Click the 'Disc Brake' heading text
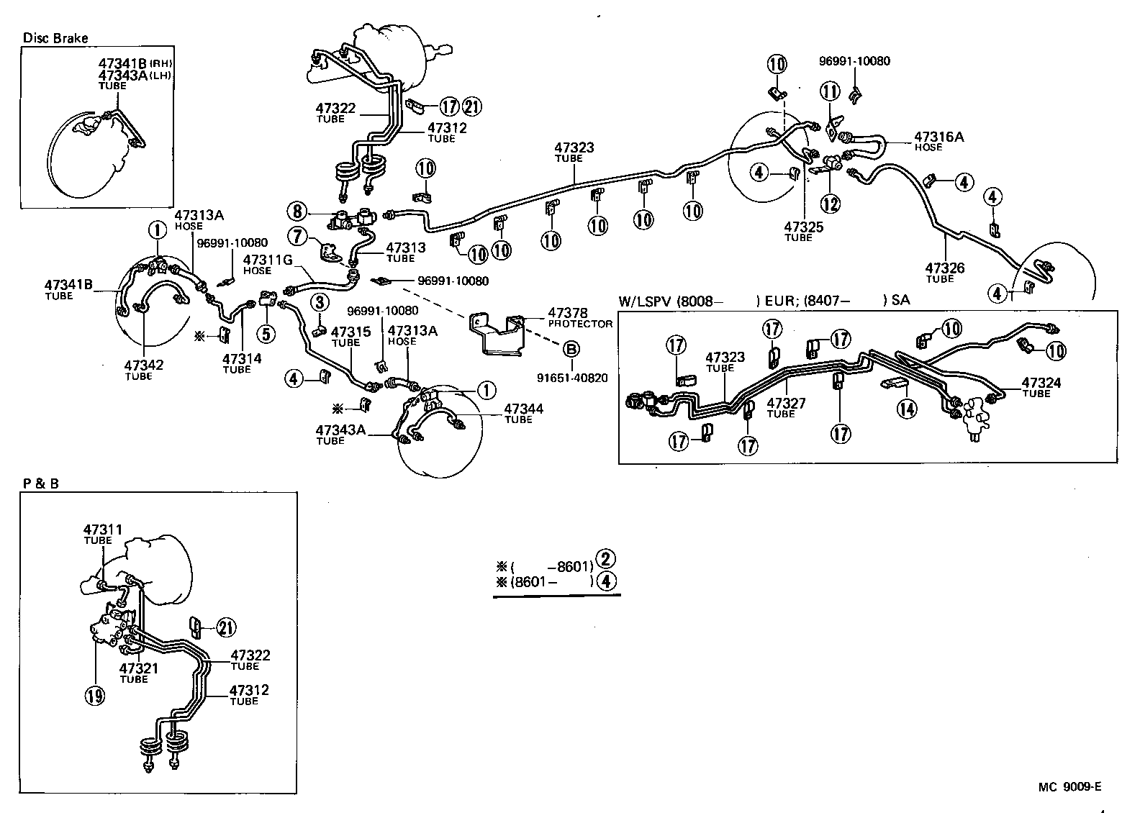(55, 38)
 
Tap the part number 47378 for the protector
(568, 313)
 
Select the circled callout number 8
(296, 212)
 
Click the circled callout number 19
(95, 696)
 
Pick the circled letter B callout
(571, 350)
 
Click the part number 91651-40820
(572, 378)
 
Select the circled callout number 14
(907, 409)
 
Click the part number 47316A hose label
(938, 136)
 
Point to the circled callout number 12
(831, 204)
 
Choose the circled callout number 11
(830, 91)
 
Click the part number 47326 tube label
(945, 268)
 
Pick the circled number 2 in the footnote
(607, 558)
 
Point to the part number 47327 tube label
(787, 403)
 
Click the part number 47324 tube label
(1041, 383)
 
